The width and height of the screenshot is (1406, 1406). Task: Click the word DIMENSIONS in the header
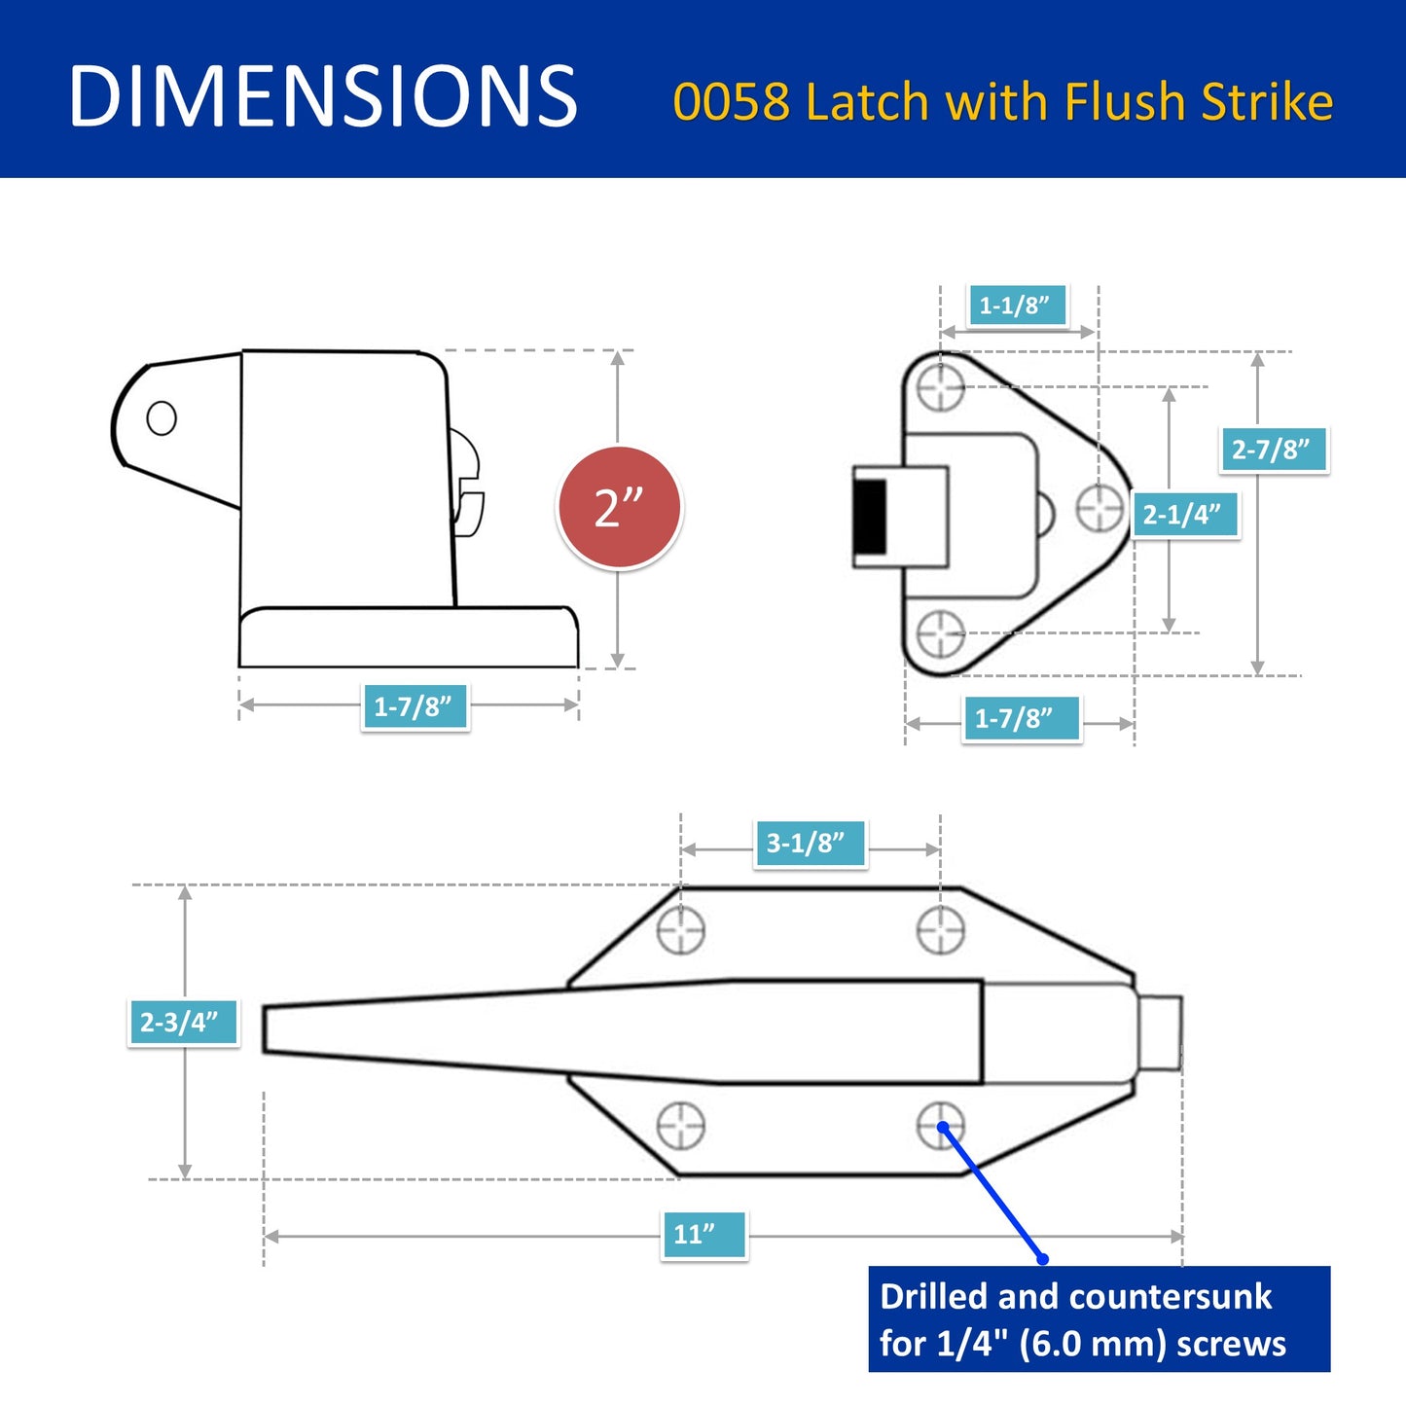tap(323, 96)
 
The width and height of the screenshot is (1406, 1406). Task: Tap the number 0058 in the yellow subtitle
tap(731, 102)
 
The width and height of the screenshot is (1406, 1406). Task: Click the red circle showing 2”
tap(619, 508)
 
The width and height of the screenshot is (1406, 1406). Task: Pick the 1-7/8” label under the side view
tap(415, 706)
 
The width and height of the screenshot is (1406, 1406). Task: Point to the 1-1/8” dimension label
tap(1016, 306)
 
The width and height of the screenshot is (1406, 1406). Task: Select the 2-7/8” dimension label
tap(1273, 450)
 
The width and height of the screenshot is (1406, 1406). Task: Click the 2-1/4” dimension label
tap(1183, 514)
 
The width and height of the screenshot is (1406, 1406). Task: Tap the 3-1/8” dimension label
tap(808, 843)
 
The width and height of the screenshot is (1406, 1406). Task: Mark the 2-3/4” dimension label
tap(182, 1022)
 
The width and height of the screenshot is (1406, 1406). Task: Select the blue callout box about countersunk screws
tap(1098, 1319)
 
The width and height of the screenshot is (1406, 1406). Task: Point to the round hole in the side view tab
tap(162, 418)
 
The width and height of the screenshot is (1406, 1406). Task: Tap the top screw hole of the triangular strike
tap(941, 387)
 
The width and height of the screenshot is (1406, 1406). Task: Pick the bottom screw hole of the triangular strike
tap(941, 632)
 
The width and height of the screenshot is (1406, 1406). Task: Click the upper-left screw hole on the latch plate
tap(680, 931)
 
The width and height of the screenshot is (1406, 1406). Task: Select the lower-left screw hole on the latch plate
tap(680, 1126)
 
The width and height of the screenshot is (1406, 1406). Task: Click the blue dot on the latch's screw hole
tap(943, 1127)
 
